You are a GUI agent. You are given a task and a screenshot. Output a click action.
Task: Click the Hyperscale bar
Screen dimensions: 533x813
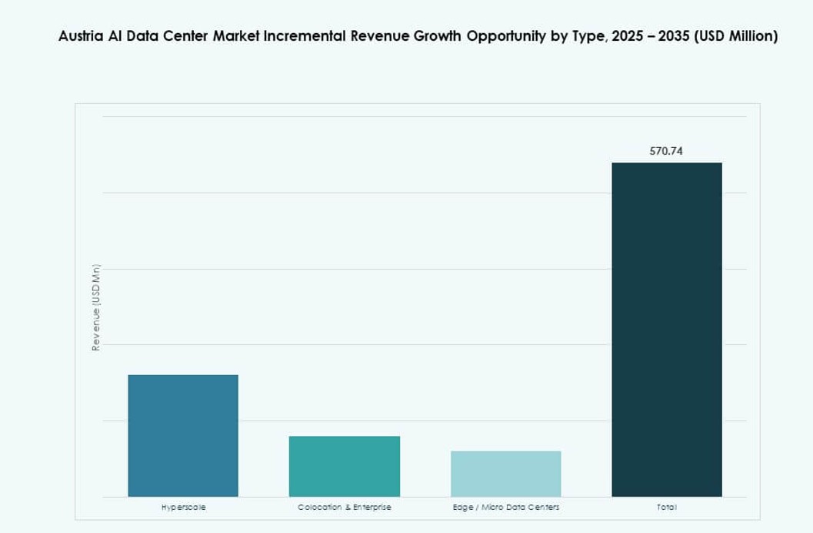[x=183, y=435]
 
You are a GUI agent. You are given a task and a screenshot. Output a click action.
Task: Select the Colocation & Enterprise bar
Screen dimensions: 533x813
[x=344, y=466]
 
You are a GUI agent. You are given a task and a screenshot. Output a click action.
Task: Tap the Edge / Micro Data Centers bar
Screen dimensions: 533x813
[x=505, y=474]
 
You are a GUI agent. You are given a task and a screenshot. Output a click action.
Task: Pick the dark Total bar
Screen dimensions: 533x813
[x=666, y=330]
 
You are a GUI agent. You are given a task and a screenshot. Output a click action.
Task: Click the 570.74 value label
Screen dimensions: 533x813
[x=666, y=151]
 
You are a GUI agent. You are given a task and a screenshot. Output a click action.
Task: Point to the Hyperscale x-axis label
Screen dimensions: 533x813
[x=183, y=508]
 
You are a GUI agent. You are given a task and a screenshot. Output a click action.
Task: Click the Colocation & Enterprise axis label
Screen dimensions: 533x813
[x=344, y=508]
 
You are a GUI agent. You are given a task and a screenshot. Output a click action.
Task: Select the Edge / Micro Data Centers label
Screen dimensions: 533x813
[x=505, y=508]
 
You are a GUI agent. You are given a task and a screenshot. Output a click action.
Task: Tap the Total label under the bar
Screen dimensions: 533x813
[x=666, y=508]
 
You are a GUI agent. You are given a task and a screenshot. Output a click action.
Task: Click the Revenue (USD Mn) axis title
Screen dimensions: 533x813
[x=96, y=307]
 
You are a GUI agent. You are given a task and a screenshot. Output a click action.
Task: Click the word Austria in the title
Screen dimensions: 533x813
[x=80, y=36]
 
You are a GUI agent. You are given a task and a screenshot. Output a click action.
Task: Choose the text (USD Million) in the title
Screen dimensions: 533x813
[x=736, y=36]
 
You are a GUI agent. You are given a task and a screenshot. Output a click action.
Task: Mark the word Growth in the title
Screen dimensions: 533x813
[x=435, y=36]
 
